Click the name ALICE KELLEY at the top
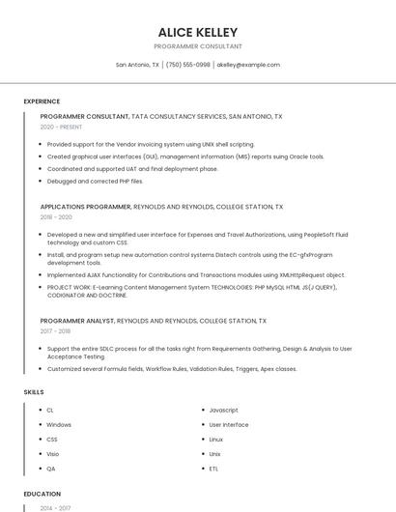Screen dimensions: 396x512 (x=198, y=32)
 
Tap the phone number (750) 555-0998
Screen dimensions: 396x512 (x=187, y=65)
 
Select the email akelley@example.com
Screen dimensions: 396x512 (x=248, y=65)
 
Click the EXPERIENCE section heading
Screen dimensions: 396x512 (x=42, y=101)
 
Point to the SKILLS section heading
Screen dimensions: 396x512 (x=33, y=392)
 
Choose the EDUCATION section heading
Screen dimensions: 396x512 (x=42, y=494)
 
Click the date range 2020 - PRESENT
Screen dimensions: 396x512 (x=61, y=127)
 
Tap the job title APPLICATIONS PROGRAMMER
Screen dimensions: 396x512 (x=85, y=207)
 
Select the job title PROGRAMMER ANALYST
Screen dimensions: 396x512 (x=76, y=321)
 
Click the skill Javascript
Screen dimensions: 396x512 (x=223, y=410)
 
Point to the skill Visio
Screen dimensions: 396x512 (x=52, y=454)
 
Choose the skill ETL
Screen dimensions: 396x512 (x=213, y=469)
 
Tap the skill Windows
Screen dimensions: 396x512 (x=59, y=424)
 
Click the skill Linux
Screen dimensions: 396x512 (x=216, y=440)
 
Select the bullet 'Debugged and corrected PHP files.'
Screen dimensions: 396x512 (x=95, y=181)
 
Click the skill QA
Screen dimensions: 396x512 (x=51, y=469)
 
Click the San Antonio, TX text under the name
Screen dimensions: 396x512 (x=138, y=65)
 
